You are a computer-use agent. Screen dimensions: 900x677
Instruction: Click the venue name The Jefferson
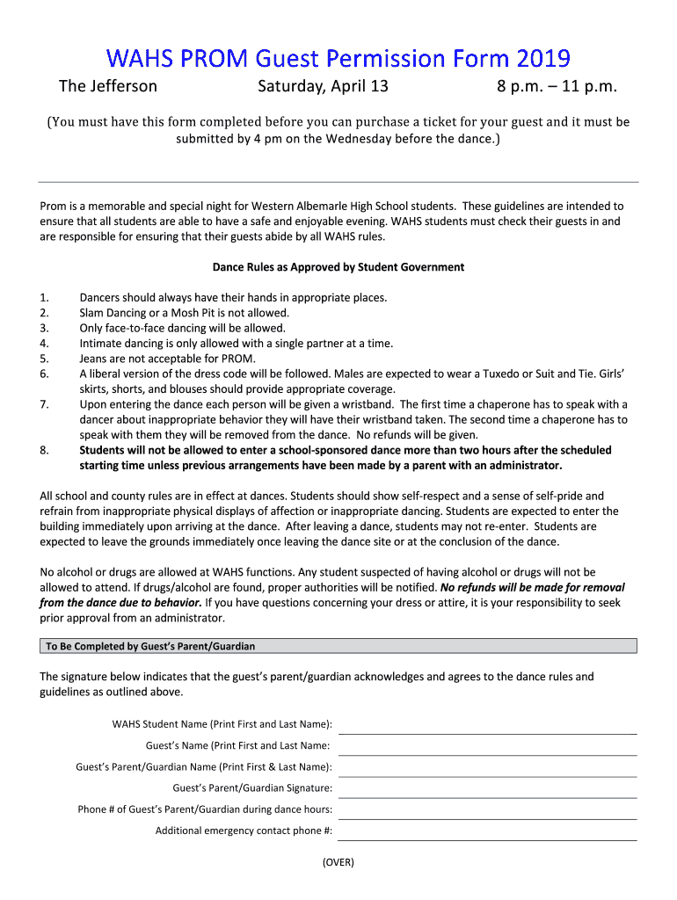[x=107, y=86]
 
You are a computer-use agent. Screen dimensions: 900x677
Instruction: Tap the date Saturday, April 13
[x=323, y=86]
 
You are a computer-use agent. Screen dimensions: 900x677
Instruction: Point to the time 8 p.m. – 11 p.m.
[x=557, y=86]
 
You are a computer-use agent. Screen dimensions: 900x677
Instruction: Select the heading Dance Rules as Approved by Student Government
[x=338, y=267]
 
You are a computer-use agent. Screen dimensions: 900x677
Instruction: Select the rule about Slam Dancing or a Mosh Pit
[x=184, y=313]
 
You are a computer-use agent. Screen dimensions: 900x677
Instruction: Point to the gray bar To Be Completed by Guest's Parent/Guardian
[x=338, y=646]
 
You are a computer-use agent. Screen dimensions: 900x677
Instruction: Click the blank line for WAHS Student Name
[x=487, y=726]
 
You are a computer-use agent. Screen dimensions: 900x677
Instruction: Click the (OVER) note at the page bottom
[x=338, y=862]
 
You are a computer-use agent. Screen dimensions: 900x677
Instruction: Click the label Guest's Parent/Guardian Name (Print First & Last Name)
[x=204, y=767]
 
